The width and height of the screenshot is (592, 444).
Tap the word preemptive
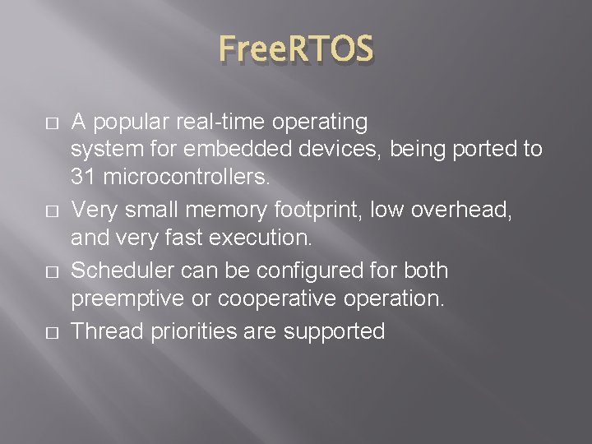125,298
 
